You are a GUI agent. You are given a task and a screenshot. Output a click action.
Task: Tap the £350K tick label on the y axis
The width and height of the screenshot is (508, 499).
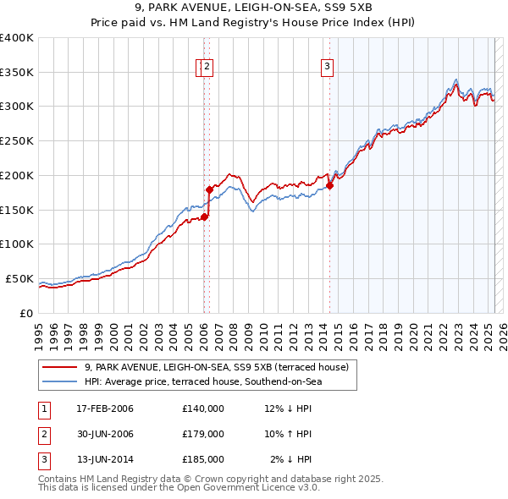[16, 73]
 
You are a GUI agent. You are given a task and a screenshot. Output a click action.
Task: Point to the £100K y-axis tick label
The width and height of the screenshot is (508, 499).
[16, 244]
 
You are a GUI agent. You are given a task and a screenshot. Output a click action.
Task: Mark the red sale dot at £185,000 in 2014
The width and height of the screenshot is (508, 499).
[329, 186]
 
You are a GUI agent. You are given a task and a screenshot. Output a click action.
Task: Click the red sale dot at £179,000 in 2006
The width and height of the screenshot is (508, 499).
[209, 190]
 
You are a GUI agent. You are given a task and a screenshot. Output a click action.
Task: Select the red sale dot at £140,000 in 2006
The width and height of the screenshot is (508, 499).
[204, 217]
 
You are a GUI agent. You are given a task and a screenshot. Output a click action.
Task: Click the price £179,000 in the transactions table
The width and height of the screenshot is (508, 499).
[203, 434]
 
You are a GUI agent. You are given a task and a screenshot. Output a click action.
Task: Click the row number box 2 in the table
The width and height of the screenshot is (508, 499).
[43, 434]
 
